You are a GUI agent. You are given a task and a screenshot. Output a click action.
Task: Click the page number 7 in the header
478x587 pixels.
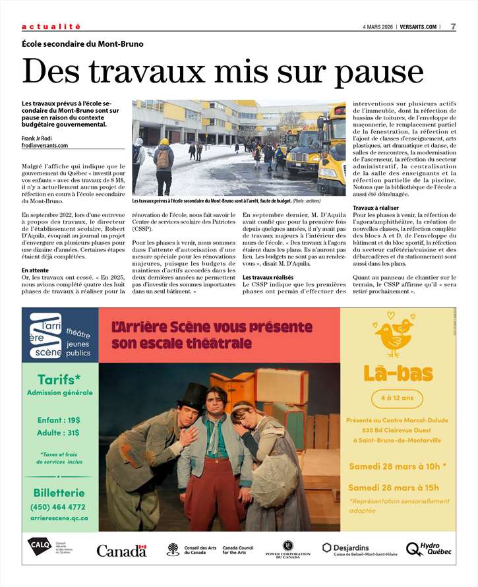tap(454, 26)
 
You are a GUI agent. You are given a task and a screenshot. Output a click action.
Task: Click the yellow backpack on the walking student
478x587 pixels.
tap(163, 158)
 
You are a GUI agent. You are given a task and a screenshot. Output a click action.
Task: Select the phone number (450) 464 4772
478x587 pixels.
tap(58, 507)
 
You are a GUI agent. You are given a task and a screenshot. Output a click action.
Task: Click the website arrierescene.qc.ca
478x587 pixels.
tap(59, 518)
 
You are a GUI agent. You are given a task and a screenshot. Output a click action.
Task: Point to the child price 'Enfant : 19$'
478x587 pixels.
tap(59, 419)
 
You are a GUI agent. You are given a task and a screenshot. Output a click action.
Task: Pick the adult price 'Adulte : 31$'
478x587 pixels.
tap(59, 433)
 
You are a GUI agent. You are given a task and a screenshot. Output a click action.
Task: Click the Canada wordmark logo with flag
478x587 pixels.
tap(121, 550)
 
